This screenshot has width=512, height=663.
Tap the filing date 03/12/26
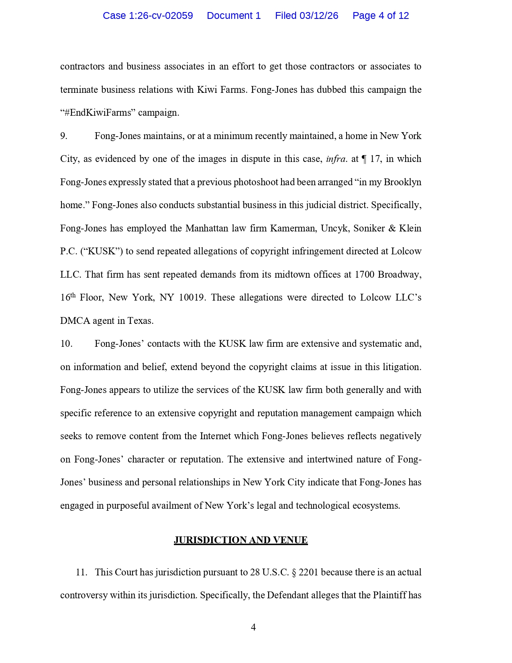(x=319, y=16)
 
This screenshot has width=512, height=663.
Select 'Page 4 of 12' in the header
(x=380, y=16)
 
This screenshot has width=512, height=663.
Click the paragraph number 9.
(x=64, y=136)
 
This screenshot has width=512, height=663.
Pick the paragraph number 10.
(x=66, y=344)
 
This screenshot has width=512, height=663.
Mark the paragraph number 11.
(x=82, y=572)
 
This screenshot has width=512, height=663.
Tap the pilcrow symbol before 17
(x=364, y=159)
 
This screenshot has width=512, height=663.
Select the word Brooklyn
(x=402, y=182)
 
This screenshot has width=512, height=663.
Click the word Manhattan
(x=206, y=229)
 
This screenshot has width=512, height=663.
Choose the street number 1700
(x=364, y=275)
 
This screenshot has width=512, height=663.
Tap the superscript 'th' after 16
(x=73, y=296)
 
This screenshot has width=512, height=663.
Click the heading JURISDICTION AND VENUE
(x=241, y=540)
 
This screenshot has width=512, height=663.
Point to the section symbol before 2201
(x=294, y=572)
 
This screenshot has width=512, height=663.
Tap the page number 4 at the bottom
(x=253, y=627)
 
